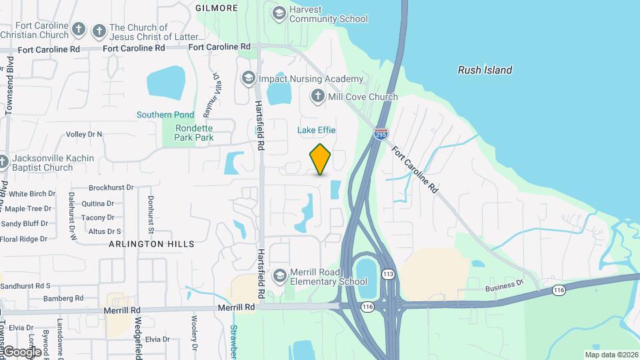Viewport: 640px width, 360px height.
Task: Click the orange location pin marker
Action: [x=320, y=159]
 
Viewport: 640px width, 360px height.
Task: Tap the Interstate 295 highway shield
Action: [x=381, y=134]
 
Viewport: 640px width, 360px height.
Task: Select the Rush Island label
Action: [x=485, y=70]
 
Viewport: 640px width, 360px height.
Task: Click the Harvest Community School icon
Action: [x=279, y=12]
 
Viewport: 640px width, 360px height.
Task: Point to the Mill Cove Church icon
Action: [x=317, y=96]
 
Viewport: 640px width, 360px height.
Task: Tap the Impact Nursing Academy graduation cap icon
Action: [x=249, y=79]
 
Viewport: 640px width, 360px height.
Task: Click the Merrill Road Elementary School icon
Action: [x=280, y=275]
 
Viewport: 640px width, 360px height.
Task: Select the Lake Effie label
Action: [x=316, y=130]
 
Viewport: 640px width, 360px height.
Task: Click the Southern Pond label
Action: [x=165, y=115]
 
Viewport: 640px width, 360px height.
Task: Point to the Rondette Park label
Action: [x=194, y=133]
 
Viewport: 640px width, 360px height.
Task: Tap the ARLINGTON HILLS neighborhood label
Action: [x=153, y=244]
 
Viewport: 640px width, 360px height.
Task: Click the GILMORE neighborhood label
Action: [x=217, y=8]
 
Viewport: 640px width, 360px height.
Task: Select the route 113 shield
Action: [x=388, y=274]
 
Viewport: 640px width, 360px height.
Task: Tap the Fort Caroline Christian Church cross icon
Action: [x=79, y=29]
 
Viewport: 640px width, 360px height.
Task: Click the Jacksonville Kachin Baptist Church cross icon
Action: [x=4, y=161]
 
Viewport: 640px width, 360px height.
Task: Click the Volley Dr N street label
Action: [x=84, y=134]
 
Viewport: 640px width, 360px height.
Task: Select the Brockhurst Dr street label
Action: [x=111, y=188]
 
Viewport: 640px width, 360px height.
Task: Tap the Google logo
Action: [x=21, y=351]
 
